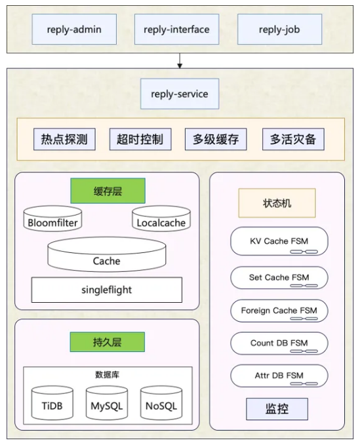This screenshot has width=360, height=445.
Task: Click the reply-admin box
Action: pyautogui.click(x=74, y=29)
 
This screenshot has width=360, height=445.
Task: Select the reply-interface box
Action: pyautogui.click(x=176, y=29)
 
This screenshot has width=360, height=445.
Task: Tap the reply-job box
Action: pyautogui.click(x=279, y=29)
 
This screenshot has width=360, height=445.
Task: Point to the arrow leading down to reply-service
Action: pyautogui.click(x=180, y=61)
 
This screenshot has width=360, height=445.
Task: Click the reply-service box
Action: pyautogui.click(x=180, y=94)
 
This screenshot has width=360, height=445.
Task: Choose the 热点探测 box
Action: pyautogui.click(x=64, y=139)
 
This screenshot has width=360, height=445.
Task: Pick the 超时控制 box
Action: pyautogui.click(x=140, y=139)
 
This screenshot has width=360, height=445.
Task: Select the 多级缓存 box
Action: pyautogui.click(x=216, y=139)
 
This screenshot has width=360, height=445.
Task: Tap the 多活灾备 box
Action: pyautogui.click(x=293, y=139)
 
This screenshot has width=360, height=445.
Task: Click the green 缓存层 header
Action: pyautogui.click(x=108, y=191)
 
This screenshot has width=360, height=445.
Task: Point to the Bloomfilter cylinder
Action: pyautogui.click(x=52, y=218)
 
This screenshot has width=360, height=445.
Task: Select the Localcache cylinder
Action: pyautogui.click(x=161, y=218)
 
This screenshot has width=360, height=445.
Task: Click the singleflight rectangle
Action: pyautogui.click(x=107, y=290)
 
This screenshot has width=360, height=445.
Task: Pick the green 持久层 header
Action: pyautogui.click(x=108, y=342)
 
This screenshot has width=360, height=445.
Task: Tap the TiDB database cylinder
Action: pyautogui.click(x=52, y=403)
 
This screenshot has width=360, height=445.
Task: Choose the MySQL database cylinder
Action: pyautogui.click(x=107, y=403)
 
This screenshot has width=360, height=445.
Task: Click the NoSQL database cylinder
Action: pyautogui.click(x=161, y=403)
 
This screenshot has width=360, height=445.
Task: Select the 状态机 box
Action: pyautogui.click(x=277, y=203)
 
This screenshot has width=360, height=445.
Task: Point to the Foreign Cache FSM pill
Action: pyautogui.click(x=279, y=311)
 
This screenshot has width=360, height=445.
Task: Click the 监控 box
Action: pyautogui.click(x=277, y=409)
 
